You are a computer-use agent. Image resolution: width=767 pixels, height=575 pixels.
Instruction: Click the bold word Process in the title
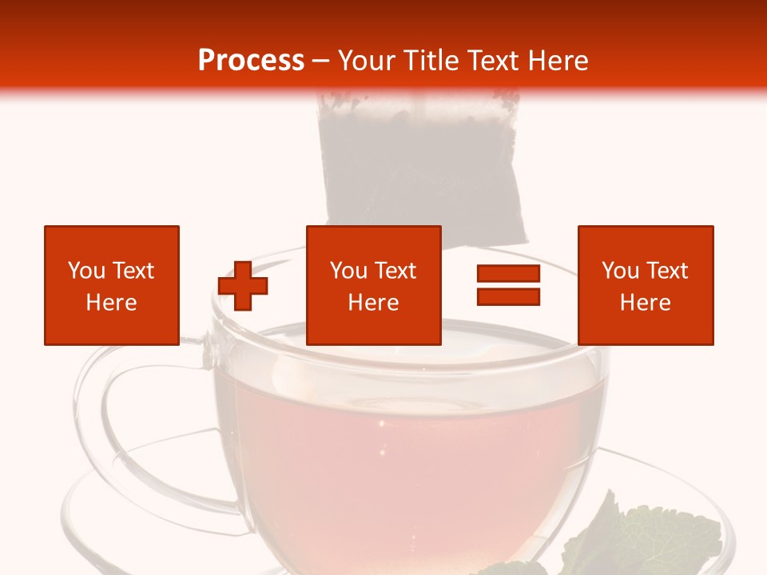coord(251,61)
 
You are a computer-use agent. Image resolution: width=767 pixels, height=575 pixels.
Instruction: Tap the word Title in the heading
coord(431,61)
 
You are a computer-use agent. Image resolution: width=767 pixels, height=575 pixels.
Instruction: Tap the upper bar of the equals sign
coord(508,275)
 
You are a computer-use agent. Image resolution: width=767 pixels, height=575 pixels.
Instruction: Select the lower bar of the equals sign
coord(508,297)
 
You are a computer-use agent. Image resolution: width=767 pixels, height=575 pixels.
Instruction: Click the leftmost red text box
coord(111,285)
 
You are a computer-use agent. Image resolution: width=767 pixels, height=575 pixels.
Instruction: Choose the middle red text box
coord(373,285)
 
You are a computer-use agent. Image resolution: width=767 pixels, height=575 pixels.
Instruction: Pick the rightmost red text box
coord(645,285)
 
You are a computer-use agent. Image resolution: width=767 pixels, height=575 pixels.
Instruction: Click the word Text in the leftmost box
coord(133,271)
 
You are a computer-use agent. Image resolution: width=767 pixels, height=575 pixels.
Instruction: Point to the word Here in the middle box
coord(373,303)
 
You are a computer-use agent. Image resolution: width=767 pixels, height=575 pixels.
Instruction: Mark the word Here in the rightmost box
coord(645,303)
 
